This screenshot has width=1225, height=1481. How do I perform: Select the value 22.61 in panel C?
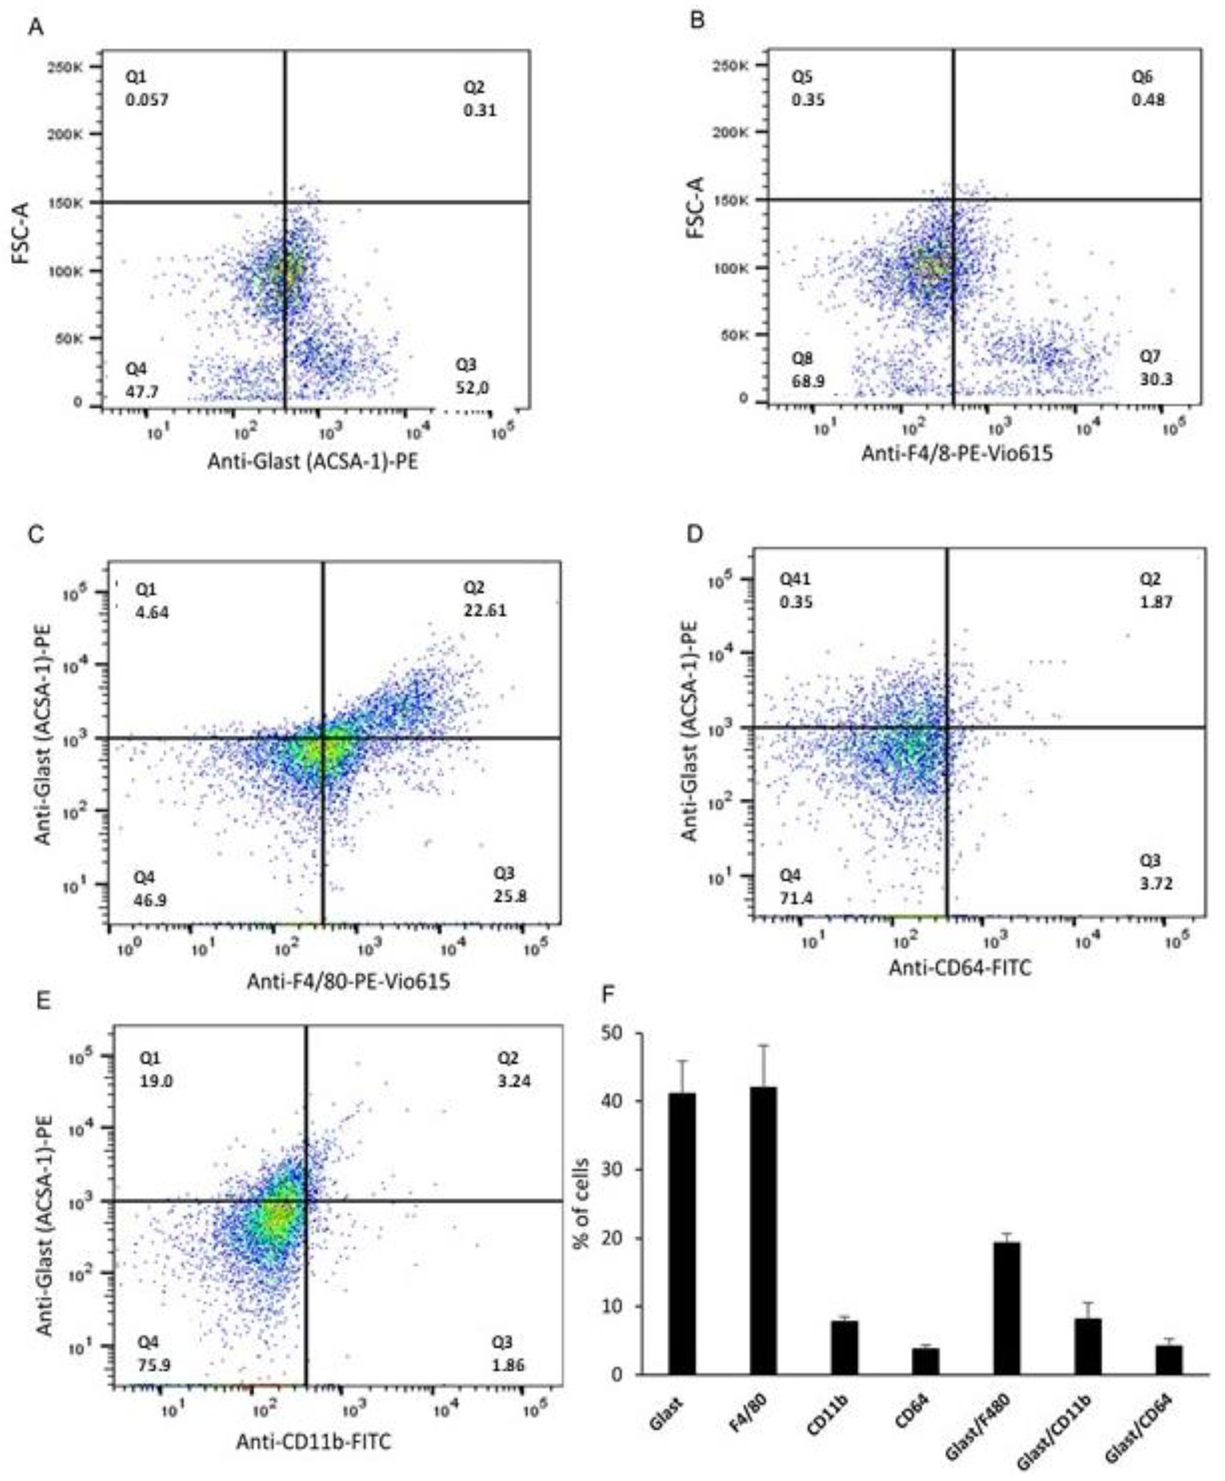click(485, 610)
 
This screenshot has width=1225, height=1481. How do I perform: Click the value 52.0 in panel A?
click(472, 387)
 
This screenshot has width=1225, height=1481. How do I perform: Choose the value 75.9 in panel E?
click(154, 1365)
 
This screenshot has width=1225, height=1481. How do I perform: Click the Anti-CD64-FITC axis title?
click(960, 967)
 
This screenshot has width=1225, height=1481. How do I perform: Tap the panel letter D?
click(695, 534)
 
